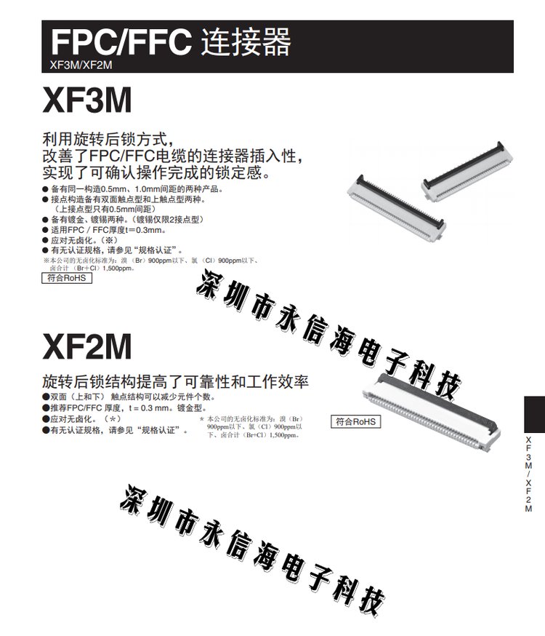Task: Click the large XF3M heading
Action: [87, 100]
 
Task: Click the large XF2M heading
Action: [87, 346]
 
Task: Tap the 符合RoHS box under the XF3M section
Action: [67, 278]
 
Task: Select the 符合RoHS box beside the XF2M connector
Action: [355, 421]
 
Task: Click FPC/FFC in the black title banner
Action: [121, 41]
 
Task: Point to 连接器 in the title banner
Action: [246, 41]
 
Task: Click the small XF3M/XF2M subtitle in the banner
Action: [81, 65]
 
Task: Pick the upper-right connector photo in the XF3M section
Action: [467, 172]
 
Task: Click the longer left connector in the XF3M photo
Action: [397, 208]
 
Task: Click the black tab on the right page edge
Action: [535, 414]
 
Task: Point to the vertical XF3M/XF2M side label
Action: [528, 474]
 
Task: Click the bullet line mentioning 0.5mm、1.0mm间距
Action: [133, 188]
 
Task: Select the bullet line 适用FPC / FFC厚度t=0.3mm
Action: [104, 230]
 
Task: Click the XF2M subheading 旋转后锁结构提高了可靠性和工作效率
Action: [175, 381]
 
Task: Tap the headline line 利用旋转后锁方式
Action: [108, 139]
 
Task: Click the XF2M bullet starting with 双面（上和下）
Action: [129, 397]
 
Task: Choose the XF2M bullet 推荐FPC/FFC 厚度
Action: [124, 408]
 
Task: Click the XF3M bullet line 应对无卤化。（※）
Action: [80, 240]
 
